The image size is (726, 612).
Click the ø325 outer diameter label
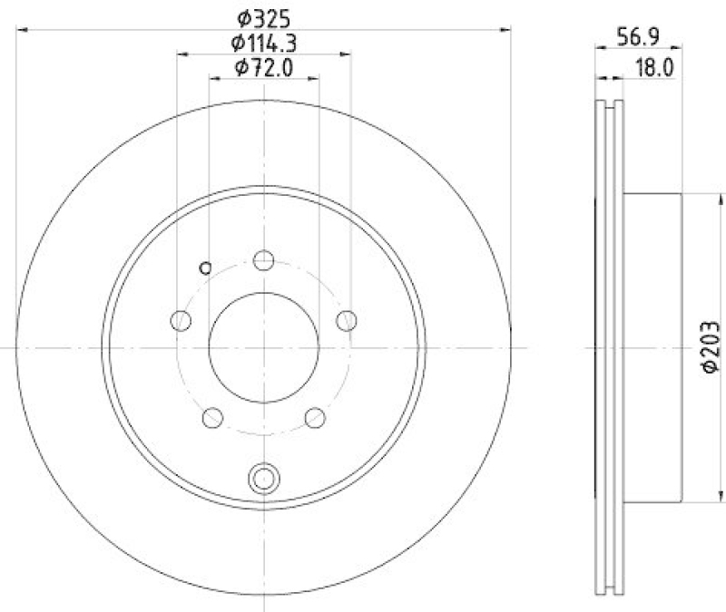pyautogui.click(x=264, y=15)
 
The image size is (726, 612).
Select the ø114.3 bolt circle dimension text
pyautogui.click(x=264, y=41)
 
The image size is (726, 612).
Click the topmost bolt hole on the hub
pyautogui.click(x=264, y=261)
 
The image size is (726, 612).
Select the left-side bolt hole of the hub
pyautogui.click(x=181, y=320)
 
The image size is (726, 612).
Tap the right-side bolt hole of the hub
pyautogui.click(x=347, y=320)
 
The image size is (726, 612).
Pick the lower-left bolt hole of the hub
pyautogui.click(x=212, y=417)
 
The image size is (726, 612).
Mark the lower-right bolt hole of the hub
pyautogui.click(x=315, y=417)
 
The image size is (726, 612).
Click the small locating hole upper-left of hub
pyautogui.click(x=205, y=267)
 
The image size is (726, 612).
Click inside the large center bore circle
pyautogui.click(x=264, y=345)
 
